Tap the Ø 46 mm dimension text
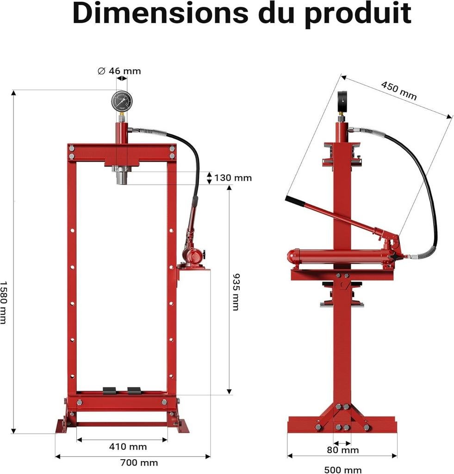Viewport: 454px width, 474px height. [119, 71]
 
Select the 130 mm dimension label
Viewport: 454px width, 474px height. [233, 178]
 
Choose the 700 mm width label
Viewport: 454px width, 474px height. [139, 462]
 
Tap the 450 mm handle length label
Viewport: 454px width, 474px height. [398, 91]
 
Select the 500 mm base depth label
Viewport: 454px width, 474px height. [343, 470]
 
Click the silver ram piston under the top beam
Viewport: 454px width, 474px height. [121, 176]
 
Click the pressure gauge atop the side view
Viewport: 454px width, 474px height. [342, 101]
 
